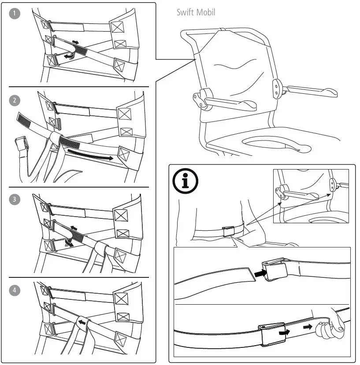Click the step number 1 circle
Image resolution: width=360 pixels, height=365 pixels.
pos(15,14)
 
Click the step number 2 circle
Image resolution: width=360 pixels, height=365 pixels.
pos(15,100)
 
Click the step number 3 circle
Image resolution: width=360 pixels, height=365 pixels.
pos(15,199)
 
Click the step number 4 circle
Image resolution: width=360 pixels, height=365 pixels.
pos(15,290)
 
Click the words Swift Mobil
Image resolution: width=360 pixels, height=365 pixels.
pos(196,12)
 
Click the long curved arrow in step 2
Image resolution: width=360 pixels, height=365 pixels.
pos(90,155)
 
